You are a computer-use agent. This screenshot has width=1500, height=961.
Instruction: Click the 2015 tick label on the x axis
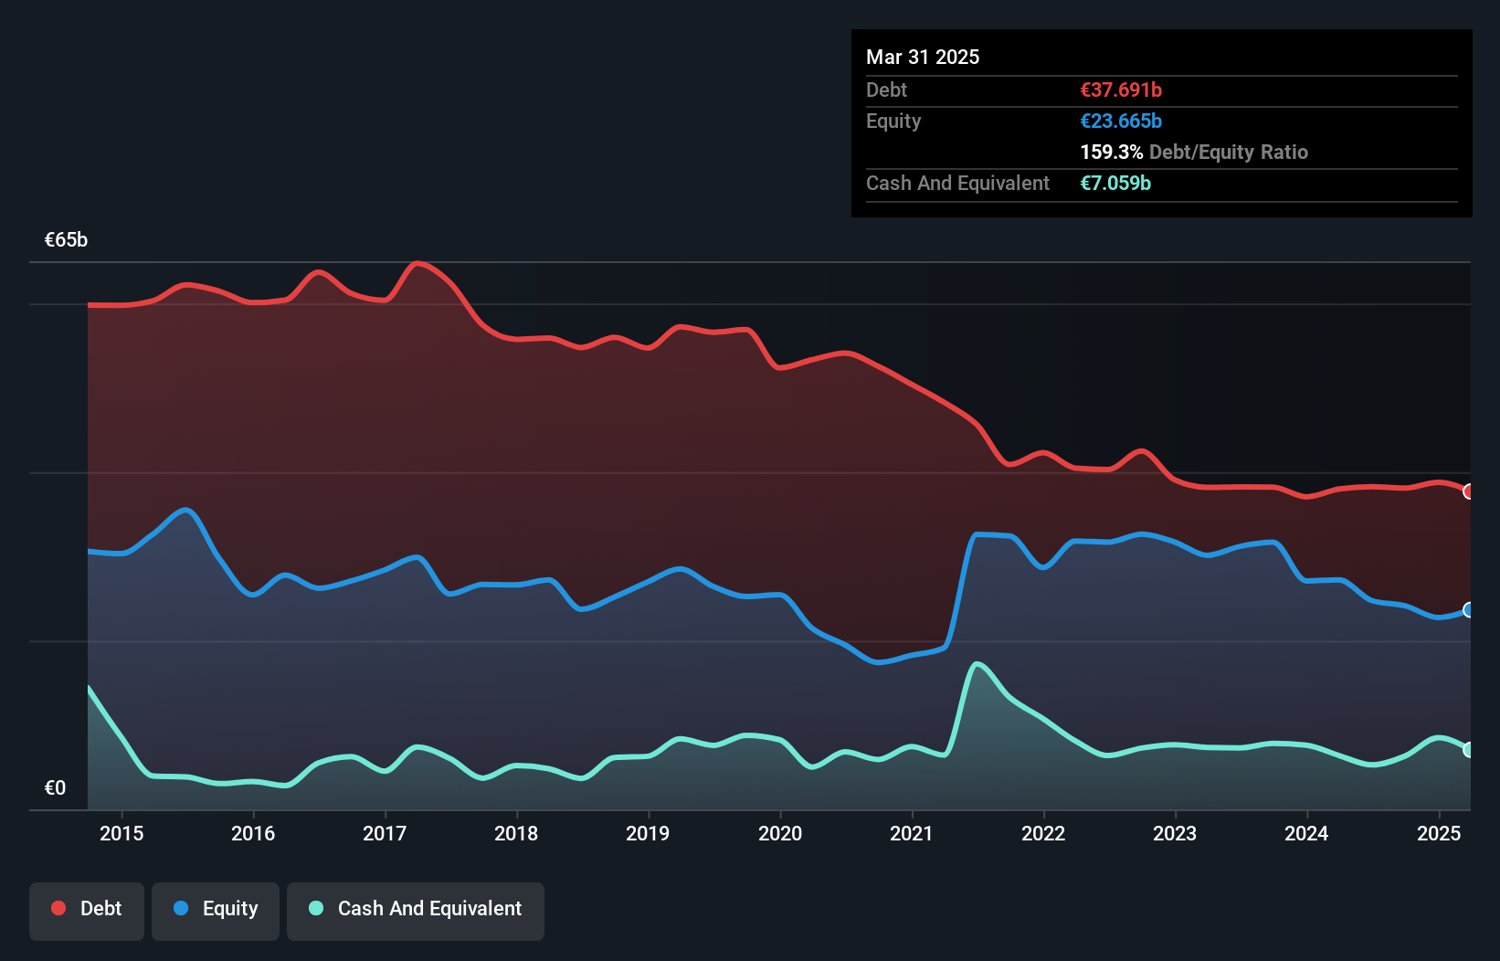[x=121, y=833]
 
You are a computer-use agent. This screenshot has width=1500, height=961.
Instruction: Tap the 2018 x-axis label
[x=516, y=833]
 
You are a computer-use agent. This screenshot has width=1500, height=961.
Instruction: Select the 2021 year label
[x=911, y=833]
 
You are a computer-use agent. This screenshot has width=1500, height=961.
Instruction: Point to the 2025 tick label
[x=1438, y=833]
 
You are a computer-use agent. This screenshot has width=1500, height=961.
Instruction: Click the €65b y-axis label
[x=66, y=239]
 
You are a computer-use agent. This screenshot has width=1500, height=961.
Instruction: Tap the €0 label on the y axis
[x=55, y=787]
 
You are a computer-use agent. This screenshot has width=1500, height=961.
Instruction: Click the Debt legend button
[x=87, y=909]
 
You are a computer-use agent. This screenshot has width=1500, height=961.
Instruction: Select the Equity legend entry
[x=216, y=909]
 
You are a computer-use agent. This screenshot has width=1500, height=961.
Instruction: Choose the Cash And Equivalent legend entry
[x=416, y=909]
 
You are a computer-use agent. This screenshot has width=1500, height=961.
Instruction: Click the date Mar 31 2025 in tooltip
[x=923, y=57]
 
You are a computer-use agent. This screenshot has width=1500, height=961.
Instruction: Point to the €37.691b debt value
[x=1121, y=90]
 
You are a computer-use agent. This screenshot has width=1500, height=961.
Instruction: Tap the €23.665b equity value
[x=1121, y=121]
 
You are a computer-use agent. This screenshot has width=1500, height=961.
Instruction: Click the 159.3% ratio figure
[x=1111, y=152]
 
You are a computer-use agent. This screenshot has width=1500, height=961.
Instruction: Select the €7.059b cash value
[x=1115, y=183]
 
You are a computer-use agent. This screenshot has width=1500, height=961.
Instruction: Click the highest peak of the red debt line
[x=417, y=264]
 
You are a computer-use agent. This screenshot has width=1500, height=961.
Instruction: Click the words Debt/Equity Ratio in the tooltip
[x=1228, y=152]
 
